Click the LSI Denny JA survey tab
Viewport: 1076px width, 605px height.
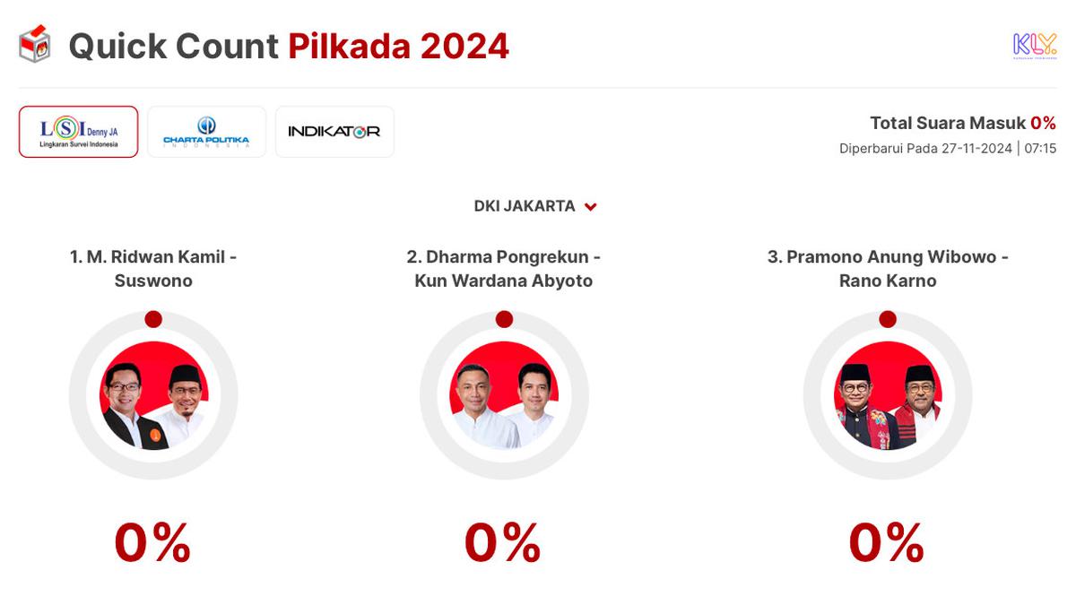point(79,132)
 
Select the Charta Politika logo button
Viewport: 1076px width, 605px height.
point(206,132)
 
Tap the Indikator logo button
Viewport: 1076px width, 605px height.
point(334,132)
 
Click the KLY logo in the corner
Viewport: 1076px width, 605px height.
point(1034,45)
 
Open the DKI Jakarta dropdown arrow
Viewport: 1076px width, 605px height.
point(591,207)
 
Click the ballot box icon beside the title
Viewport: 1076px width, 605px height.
point(35,45)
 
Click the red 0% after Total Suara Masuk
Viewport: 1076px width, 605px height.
point(1043,124)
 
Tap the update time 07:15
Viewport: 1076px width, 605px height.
point(1040,148)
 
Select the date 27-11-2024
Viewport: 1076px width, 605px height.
point(976,148)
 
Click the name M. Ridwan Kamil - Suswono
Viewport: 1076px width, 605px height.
point(153,269)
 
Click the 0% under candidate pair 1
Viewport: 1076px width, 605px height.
point(153,543)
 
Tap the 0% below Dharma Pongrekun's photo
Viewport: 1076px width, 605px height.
point(503,543)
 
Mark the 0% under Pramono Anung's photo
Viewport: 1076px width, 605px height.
point(887,543)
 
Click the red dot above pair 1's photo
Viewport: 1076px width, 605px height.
point(153,319)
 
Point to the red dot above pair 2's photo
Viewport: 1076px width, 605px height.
point(504,319)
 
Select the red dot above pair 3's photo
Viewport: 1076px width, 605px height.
point(888,319)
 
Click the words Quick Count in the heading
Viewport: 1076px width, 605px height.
point(173,47)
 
